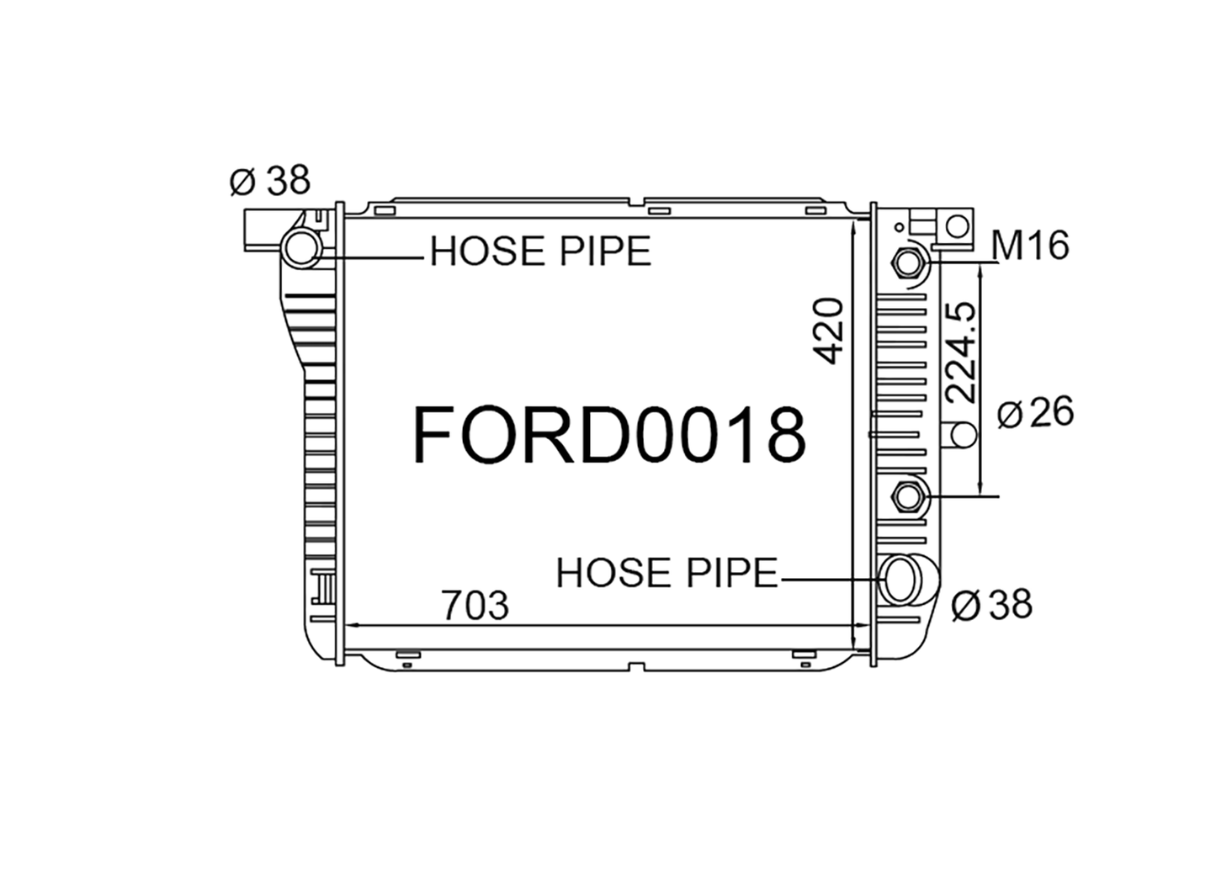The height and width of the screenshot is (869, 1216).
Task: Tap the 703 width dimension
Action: [475, 604]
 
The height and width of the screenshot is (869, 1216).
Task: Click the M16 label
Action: [1030, 246]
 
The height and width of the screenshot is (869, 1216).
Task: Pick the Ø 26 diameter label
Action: [1035, 412]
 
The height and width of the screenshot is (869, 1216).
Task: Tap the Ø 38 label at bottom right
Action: [992, 604]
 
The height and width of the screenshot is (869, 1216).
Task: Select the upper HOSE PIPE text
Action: [541, 252]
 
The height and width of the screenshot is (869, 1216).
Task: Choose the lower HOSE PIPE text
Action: [667, 573]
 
